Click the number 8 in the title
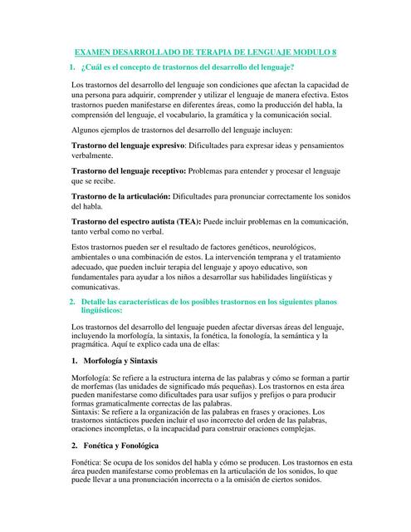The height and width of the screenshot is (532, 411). (x=335, y=52)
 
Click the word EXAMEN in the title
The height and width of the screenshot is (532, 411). (x=96, y=52)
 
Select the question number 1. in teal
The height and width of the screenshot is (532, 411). (x=73, y=66)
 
